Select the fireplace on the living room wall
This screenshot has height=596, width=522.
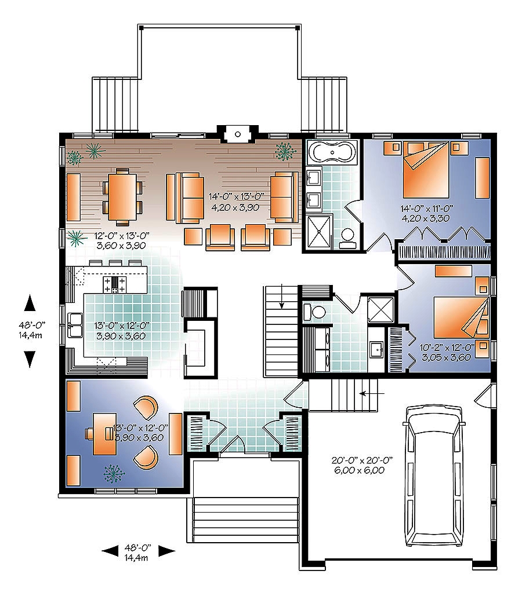click(x=237, y=134)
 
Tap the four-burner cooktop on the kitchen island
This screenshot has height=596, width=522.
click(x=114, y=283)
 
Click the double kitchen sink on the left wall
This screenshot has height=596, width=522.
click(x=74, y=325)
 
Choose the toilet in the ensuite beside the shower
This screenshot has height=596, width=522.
click(x=347, y=238)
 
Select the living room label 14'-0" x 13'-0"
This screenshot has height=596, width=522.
click(x=237, y=196)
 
